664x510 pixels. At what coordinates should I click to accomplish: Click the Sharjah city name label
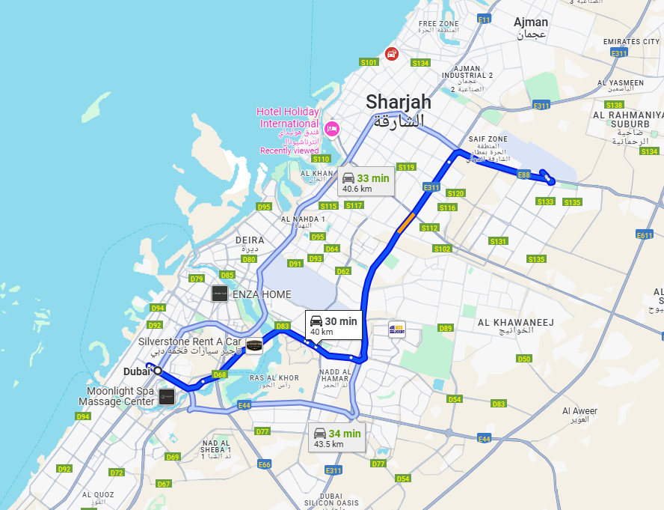(399, 102)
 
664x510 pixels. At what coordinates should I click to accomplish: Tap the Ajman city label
(531, 22)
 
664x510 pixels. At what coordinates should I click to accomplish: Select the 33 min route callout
(366, 180)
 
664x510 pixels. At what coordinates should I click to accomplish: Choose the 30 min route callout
(333, 324)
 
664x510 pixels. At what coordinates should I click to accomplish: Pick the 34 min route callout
(336, 437)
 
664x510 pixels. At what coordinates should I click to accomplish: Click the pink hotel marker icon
(331, 128)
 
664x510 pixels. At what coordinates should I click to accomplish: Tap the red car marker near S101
(391, 53)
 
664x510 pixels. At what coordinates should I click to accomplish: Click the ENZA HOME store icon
(220, 293)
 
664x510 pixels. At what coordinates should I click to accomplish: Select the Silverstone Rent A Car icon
(255, 345)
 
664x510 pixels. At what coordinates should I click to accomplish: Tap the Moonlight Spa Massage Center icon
(167, 396)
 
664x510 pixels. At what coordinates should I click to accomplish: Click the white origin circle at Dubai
(158, 371)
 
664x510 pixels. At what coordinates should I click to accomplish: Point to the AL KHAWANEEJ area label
(515, 323)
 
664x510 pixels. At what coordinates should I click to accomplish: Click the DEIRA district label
(250, 240)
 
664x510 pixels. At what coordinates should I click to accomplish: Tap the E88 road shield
(523, 174)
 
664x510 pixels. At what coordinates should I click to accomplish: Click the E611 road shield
(644, 235)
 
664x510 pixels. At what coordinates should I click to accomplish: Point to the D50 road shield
(523, 359)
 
